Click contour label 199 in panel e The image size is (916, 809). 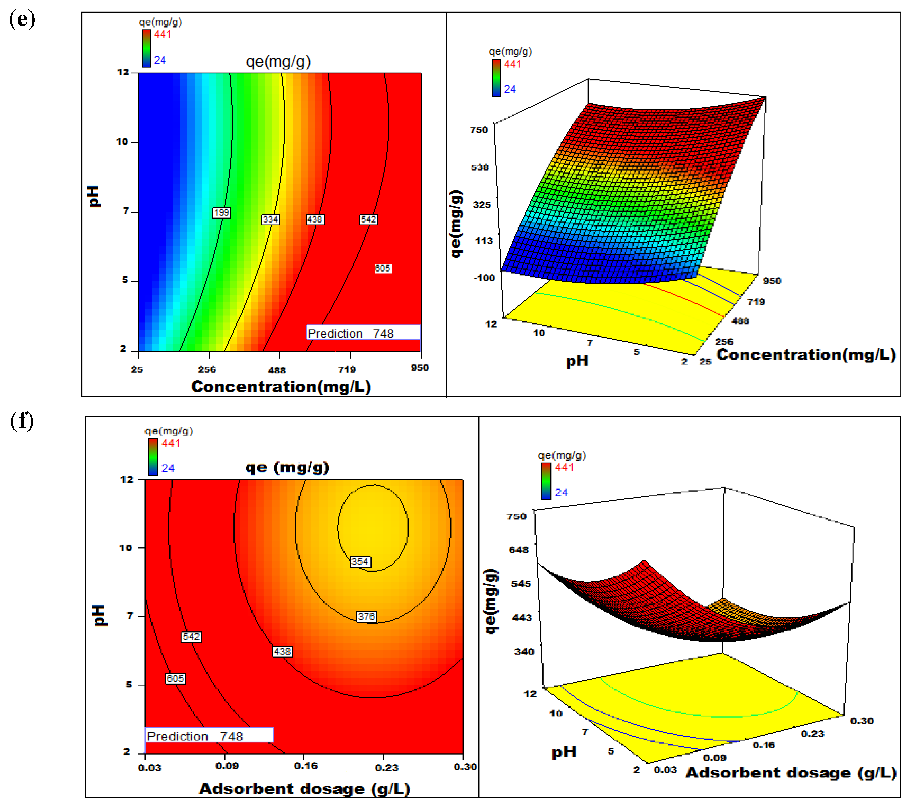tap(221, 213)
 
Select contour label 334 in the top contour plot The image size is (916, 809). tap(270, 219)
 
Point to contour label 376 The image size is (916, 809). tap(366, 617)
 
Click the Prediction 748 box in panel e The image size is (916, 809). tap(363, 333)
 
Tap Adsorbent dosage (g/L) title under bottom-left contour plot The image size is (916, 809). tap(304, 789)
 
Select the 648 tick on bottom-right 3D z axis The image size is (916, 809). tap(519, 550)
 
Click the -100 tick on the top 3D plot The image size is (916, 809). tap(484, 278)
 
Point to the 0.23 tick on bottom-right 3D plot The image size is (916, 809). tap(813, 734)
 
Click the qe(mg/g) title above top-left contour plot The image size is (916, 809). tap(278, 61)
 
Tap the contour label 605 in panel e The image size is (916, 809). tap(383, 268)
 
